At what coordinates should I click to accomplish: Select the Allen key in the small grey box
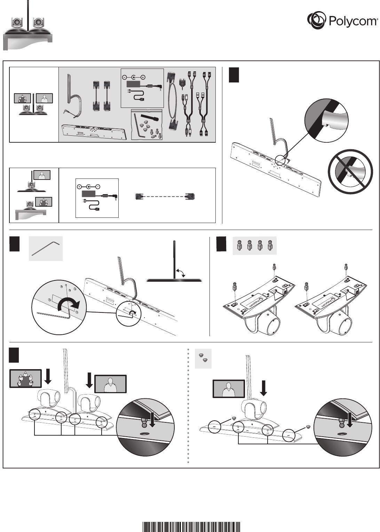click(46, 248)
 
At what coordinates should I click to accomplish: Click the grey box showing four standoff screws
click(254, 246)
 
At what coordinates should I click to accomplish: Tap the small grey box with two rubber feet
click(203, 358)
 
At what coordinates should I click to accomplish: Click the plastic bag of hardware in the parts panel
click(147, 125)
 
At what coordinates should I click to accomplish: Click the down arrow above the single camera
click(263, 388)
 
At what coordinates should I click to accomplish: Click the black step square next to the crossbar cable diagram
click(234, 75)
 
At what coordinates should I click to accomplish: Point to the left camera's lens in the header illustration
click(16, 23)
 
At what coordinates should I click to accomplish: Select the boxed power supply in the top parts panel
click(142, 88)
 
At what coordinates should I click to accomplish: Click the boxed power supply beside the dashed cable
click(97, 198)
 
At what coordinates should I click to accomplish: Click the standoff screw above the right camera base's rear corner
click(346, 267)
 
